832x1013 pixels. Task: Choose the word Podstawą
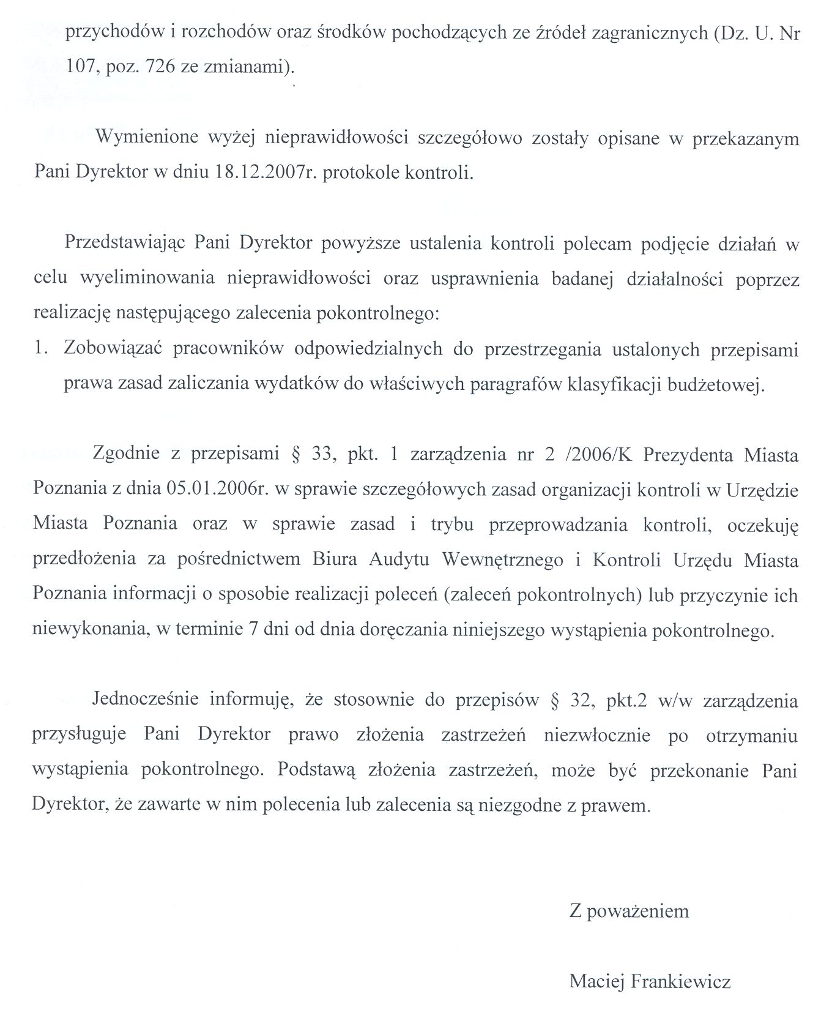314,771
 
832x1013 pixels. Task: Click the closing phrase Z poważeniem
629,911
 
